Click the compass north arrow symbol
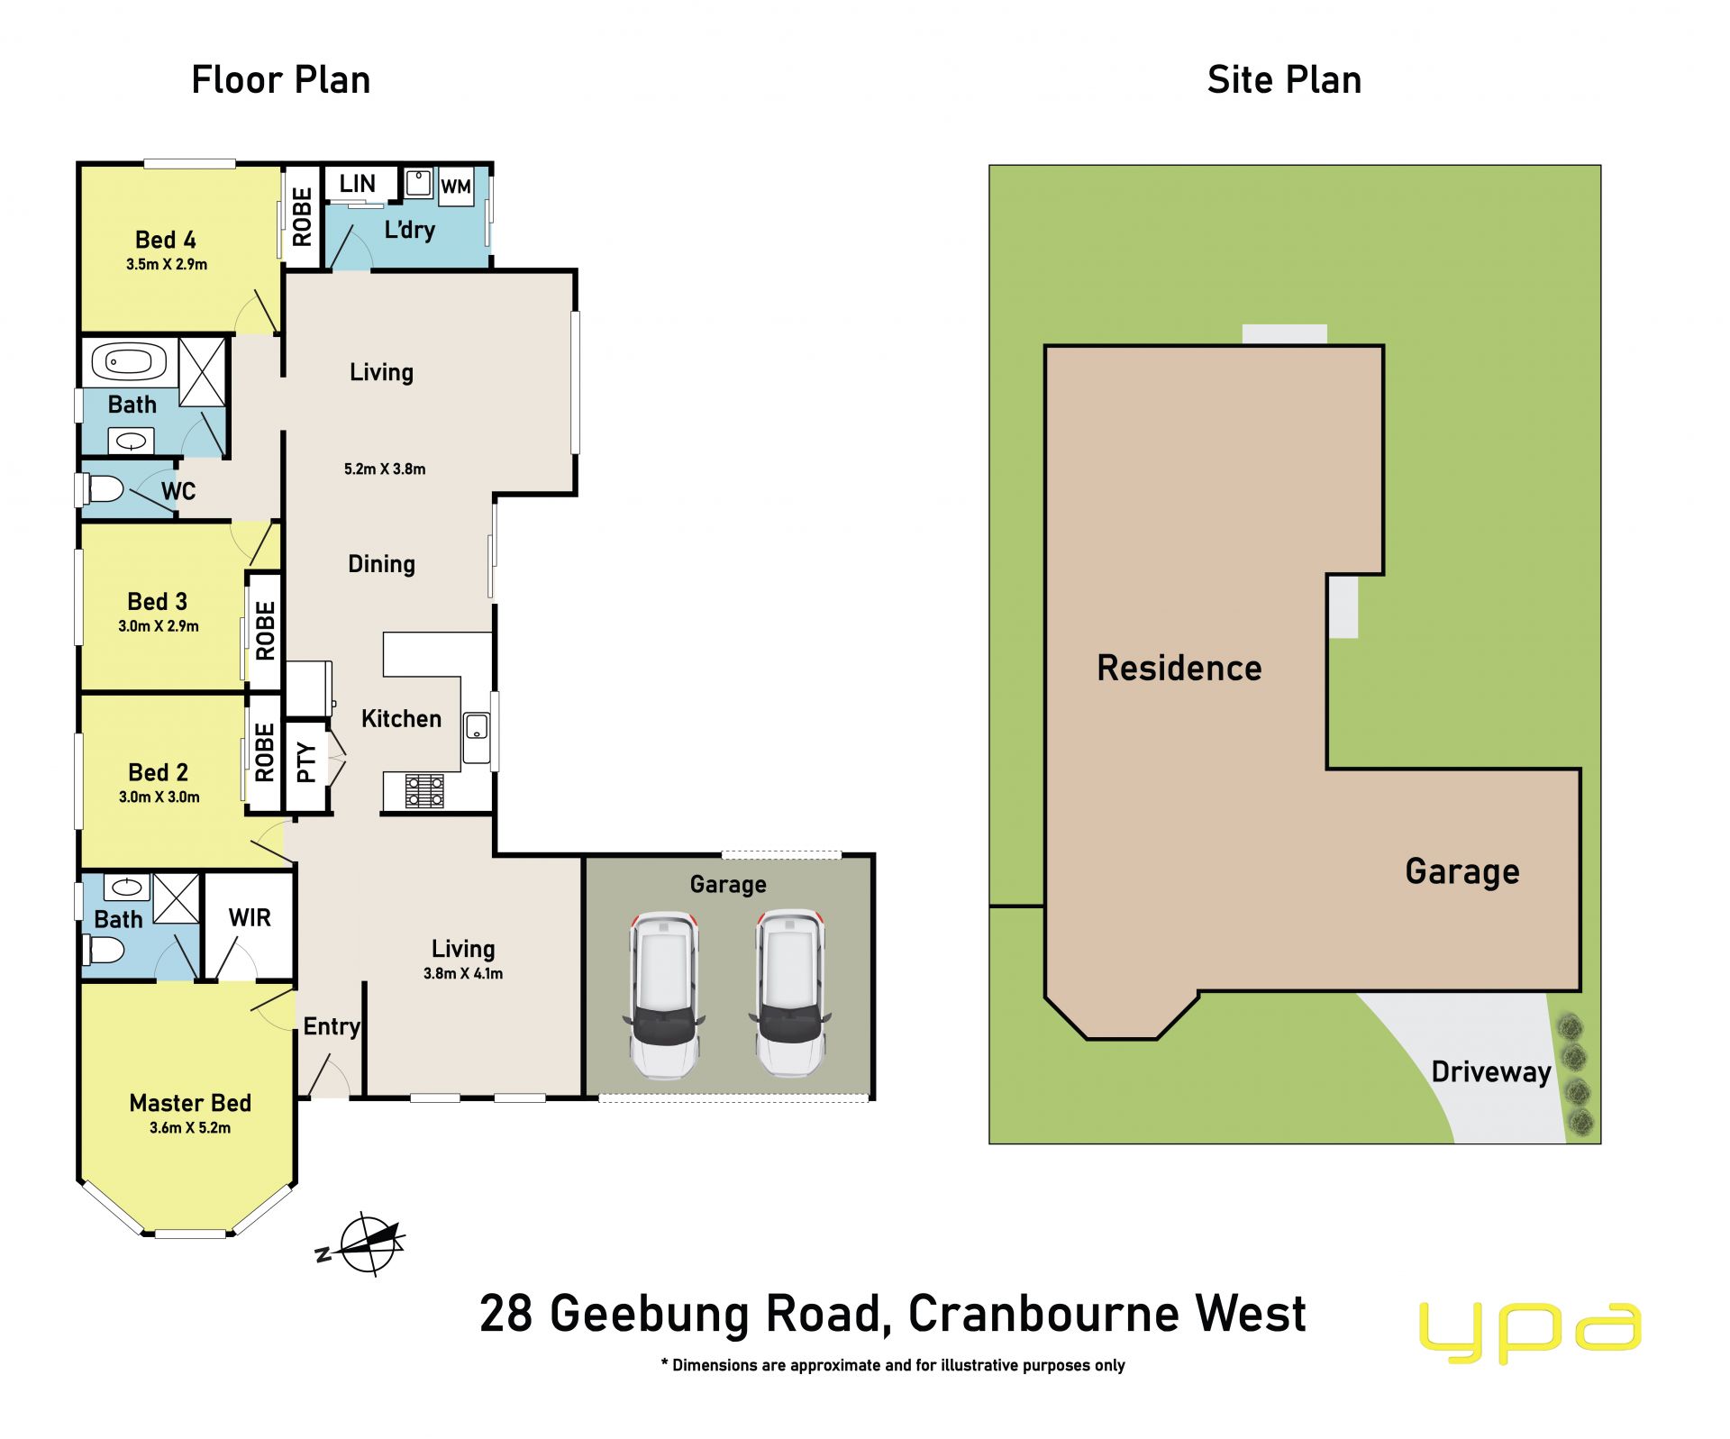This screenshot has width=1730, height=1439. point(363,1244)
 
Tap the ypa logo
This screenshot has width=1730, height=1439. point(1530,1331)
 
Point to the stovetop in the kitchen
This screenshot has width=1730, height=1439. point(424,790)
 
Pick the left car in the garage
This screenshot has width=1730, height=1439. point(664,994)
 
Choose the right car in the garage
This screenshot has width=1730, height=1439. point(789,993)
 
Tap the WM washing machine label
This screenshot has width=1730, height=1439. point(456,187)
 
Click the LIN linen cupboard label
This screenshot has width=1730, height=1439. point(358,184)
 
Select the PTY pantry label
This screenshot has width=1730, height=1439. point(306,762)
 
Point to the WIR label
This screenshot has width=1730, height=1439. point(250,917)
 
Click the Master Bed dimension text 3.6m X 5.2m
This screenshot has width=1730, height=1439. point(190,1127)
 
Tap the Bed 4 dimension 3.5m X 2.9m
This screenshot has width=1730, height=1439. point(167,264)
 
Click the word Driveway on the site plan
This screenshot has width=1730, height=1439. point(1491,1072)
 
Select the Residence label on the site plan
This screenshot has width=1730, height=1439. point(1179,668)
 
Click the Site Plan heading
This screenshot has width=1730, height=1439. point(1284,80)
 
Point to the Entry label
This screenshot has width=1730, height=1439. point(332,1026)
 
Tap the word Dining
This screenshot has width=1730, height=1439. point(382,564)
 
